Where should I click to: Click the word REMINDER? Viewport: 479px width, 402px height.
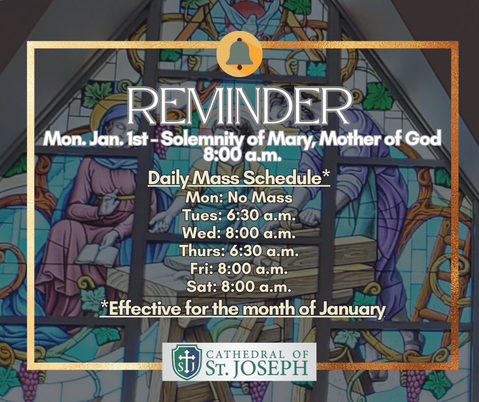[x=239, y=106]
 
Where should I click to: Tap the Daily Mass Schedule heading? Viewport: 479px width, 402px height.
[x=239, y=178]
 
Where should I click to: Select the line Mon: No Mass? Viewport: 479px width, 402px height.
[x=239, y=197]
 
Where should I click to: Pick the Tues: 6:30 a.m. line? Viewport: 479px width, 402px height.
[x=239, y=215]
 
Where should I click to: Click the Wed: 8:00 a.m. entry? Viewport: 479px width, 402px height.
[x=239, y=233]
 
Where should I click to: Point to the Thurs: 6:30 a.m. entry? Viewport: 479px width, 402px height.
[x=239, y=251]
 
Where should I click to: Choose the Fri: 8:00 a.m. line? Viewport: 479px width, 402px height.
[x=239, y=269]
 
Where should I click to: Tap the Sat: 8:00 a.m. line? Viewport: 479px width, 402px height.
[x=239, y=287]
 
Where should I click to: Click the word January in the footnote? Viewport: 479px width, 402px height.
[x=352, y=310]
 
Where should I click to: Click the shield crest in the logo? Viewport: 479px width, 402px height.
[x=187, y=362]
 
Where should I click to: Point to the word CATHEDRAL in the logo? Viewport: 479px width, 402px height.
[x=246, y=354]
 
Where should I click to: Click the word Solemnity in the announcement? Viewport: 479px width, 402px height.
[x=202, y=139]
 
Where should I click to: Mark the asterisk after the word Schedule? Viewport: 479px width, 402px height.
[x=326, y=174]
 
